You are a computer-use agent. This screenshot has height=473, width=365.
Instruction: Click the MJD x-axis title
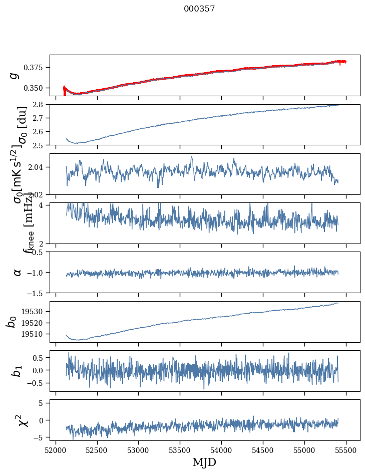pos(204,462)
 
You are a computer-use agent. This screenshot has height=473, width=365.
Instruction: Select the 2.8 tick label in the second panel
pos(41,104)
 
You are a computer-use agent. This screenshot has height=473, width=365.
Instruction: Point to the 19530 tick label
pos(37,311)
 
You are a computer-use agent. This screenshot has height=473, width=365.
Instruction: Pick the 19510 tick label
pos(37,334)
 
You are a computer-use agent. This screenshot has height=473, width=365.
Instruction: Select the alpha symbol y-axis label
pos(17,272)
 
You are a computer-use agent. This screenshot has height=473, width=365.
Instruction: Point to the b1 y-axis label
pos(17,371)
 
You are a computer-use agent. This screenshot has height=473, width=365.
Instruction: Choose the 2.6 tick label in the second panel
pos(41,132)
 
